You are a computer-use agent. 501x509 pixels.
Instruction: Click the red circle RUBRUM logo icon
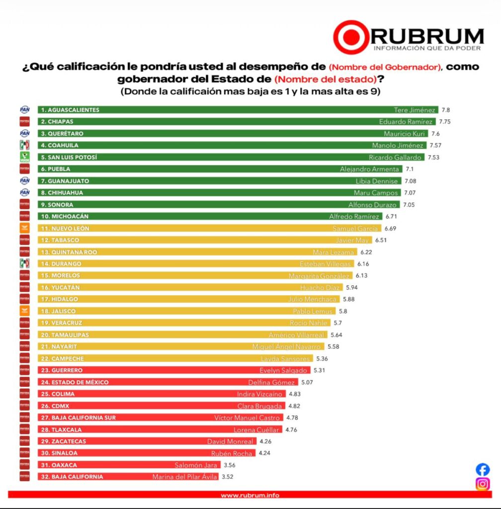point(351,37)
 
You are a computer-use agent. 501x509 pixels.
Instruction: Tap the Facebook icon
point(483,469)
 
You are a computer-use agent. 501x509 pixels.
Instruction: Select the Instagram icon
point(483,484)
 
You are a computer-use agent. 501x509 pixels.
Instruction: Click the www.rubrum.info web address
point(250,495)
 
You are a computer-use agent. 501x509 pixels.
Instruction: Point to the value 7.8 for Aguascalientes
point(445,110)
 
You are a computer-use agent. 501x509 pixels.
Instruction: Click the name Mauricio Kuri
point(404,134)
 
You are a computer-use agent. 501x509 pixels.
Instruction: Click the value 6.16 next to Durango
point(362,264)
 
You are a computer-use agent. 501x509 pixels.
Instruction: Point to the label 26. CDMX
point(55,406)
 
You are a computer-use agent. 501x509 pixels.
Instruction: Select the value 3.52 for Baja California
point(228,477)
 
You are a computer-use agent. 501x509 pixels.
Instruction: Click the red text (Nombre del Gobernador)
point(385,67)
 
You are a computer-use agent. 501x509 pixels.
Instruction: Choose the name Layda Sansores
point(285,358)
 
